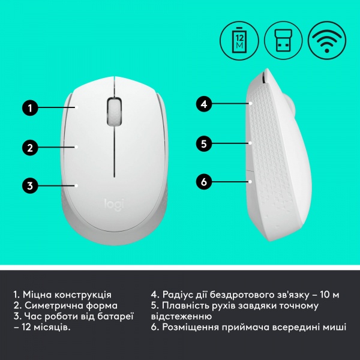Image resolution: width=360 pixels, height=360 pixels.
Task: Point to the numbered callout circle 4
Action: coord(204,104)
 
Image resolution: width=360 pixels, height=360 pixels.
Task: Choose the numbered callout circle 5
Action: coord(204,143)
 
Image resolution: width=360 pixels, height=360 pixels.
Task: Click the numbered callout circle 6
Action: coord(204,181)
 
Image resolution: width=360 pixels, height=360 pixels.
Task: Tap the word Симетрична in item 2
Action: coord(51,305)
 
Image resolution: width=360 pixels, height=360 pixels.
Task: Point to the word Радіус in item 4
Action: coord(178,295)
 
